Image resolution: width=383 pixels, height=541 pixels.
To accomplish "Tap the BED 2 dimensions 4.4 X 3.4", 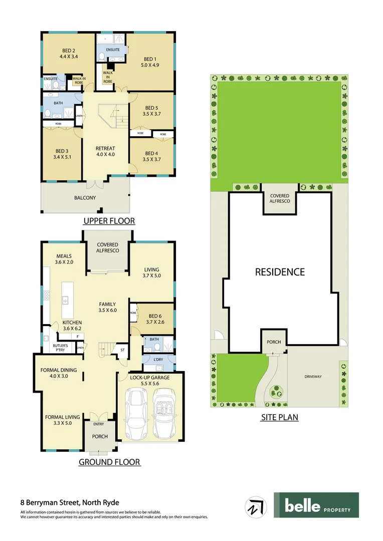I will [68, 57].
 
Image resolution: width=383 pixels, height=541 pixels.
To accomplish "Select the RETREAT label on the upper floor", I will [105, 148].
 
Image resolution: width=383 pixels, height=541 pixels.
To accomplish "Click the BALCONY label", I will [85, 198].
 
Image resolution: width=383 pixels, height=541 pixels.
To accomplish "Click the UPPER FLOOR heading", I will [109, 221].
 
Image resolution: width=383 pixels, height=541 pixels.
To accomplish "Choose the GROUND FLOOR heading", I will [109, 462].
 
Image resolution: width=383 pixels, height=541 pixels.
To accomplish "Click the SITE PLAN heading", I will [279, 417].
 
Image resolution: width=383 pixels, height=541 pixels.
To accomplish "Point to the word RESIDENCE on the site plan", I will [280, 272].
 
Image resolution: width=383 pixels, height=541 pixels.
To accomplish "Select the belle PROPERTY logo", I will [316, 505].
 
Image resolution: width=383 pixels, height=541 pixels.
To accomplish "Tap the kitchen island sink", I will [66, 301].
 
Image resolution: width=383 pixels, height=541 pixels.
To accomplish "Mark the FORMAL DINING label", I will [59, 370].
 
